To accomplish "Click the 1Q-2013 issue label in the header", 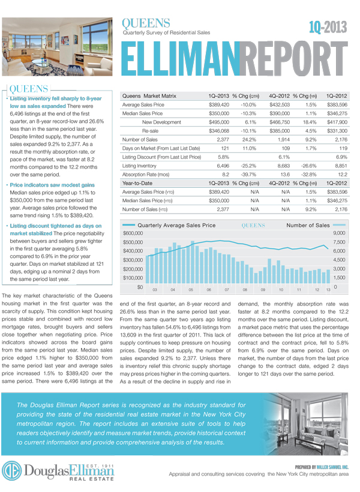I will pos(329,26).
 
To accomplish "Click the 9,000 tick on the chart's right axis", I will pos(339,233).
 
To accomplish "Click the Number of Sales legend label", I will pos(308,225).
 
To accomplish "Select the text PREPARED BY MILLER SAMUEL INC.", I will pos(322,466).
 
